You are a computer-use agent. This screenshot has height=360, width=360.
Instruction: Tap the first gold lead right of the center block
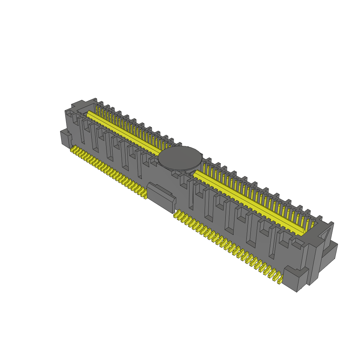click(177, 214)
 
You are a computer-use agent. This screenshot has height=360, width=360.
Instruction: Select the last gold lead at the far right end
click(280, 280)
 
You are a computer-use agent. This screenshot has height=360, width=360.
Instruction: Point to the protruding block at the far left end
click(65, 138)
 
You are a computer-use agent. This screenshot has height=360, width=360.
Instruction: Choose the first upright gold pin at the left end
click(97, 107)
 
